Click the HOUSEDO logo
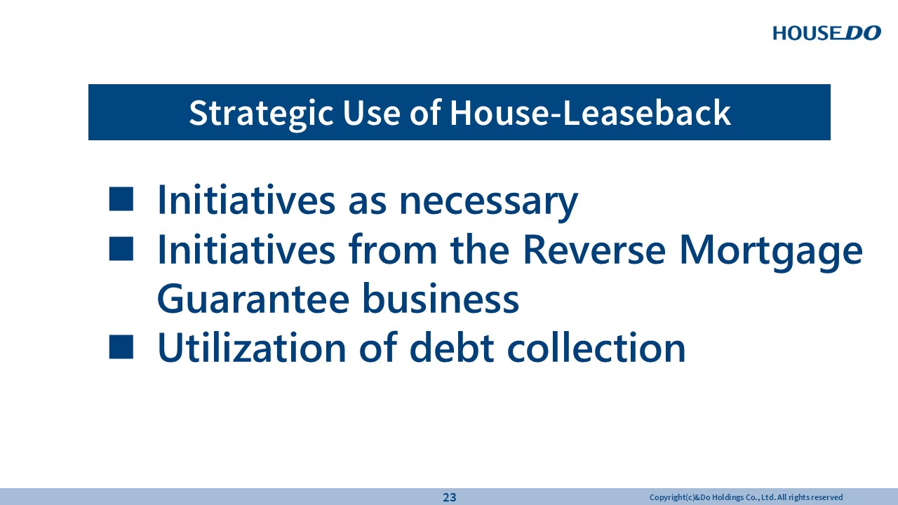[x=826, y=33]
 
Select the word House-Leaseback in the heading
[x=590, y=113]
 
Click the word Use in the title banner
[x=372, y=113]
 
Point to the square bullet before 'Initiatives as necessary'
[x=121, y=198]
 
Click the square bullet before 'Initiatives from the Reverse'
[x=121, y=249]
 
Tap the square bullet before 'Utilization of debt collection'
[x=121, y=346]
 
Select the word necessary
[x=489, y=203]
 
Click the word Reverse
[x=594, y=249]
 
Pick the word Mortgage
[x=771, y=252]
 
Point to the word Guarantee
[x=253, y=299]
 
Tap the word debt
[x=452, y=347]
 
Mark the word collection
[x=596, y=347]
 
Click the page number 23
[x=450, y=497]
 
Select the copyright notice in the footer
[x=746, y=497]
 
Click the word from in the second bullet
[x=392, y=249]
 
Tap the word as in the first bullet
[x=367, y=203]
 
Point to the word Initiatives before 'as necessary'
[x=246, y=200]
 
